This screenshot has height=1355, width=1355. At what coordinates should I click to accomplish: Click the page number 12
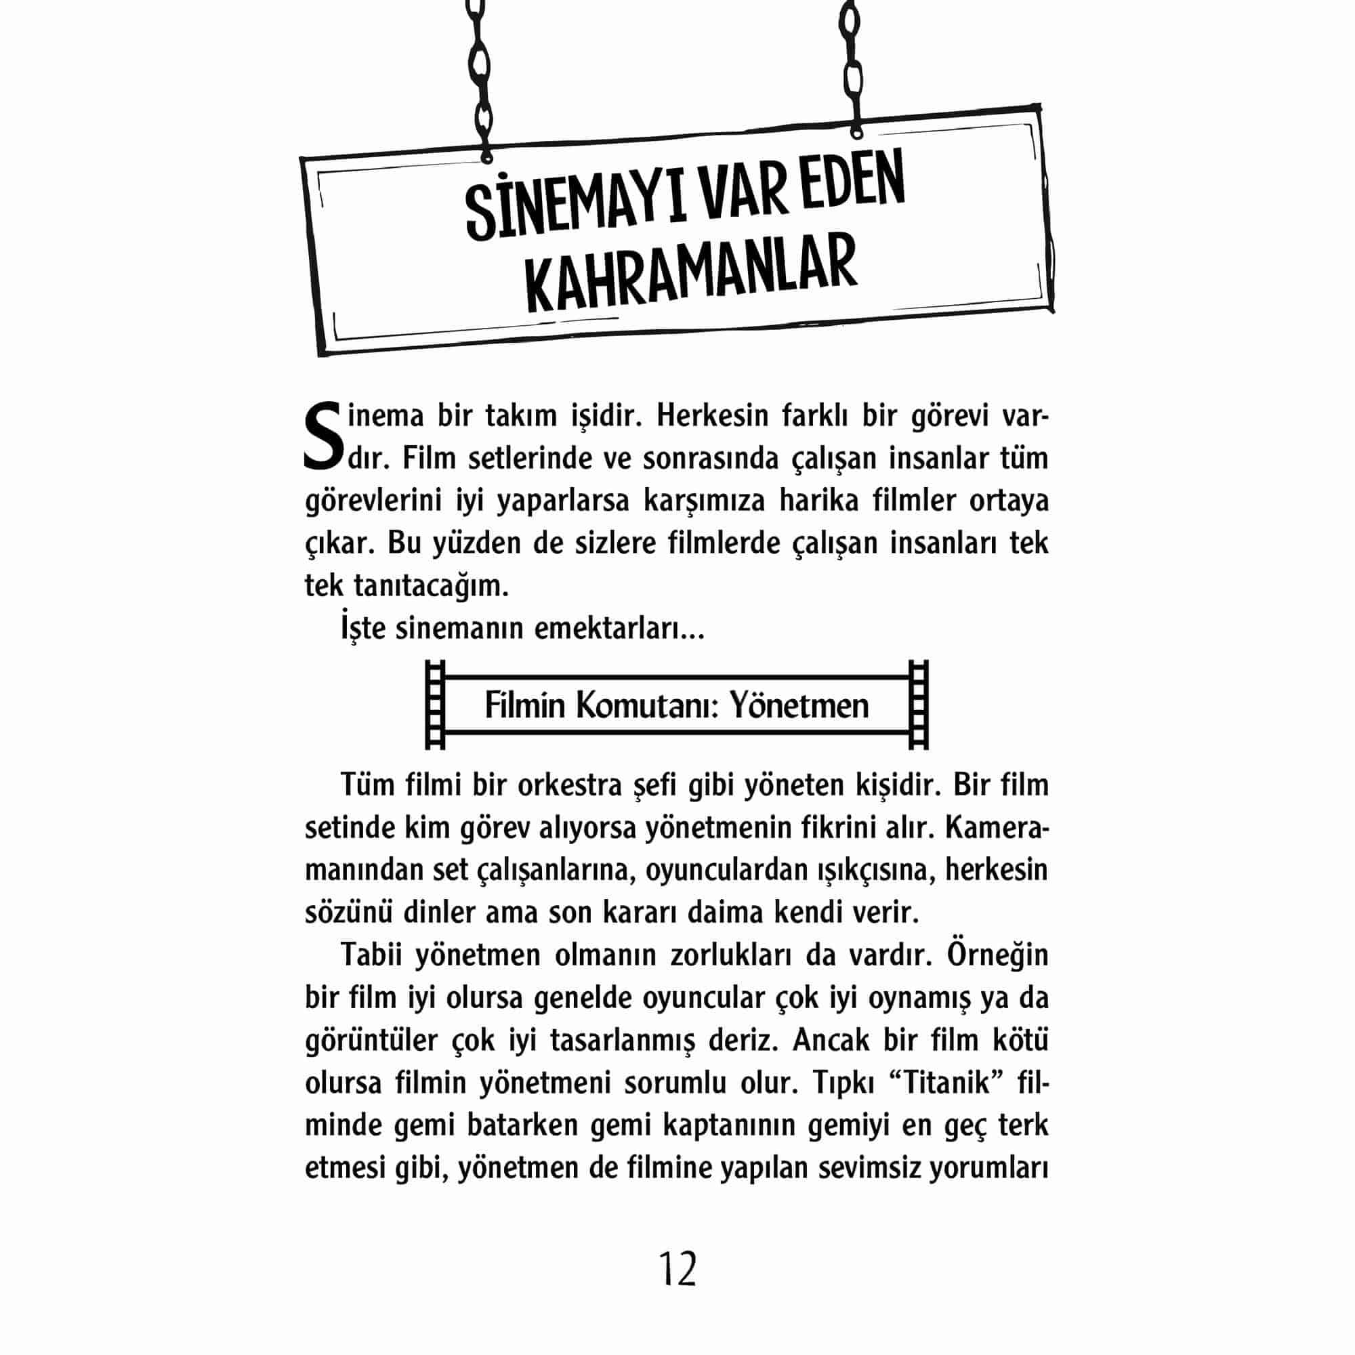677,1268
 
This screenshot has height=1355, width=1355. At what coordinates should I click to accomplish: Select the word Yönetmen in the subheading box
799,705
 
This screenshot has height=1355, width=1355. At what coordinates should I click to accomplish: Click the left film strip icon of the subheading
436,705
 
